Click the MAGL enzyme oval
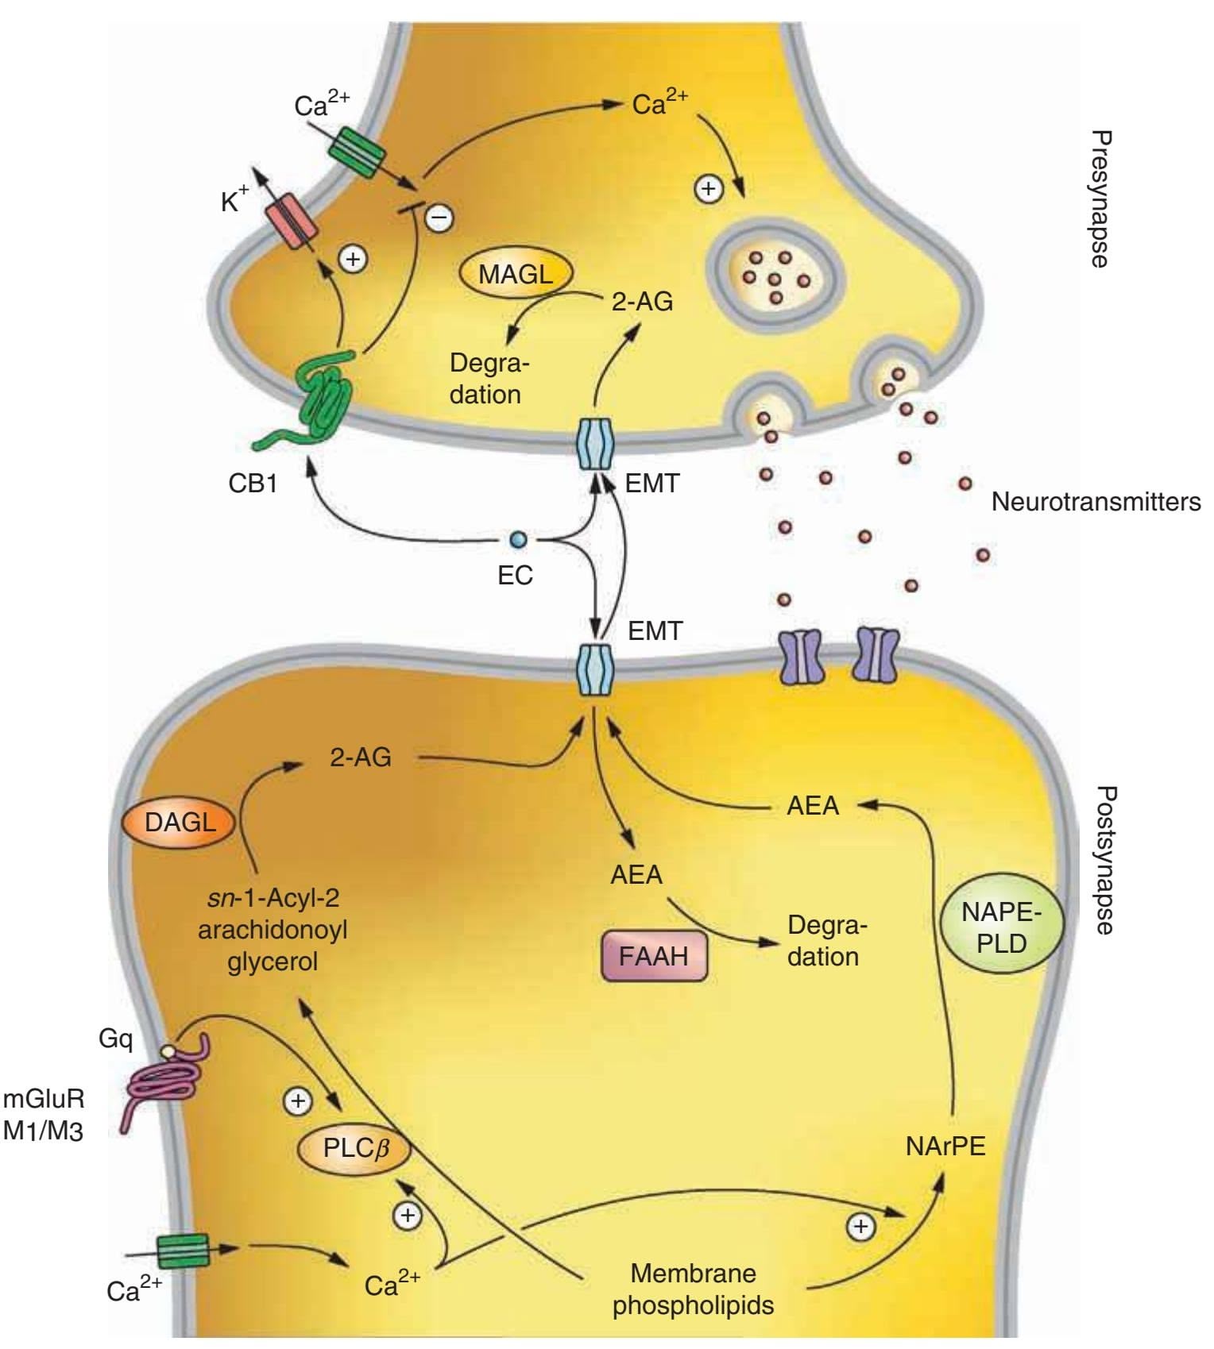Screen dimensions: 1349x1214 point(516,274)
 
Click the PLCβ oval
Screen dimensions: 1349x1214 point(354,1148)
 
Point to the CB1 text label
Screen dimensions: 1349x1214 point(253,483)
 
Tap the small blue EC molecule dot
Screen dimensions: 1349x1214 point(518,540)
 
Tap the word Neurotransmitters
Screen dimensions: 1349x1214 point(1096,502)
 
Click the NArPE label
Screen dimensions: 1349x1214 point(945,1147)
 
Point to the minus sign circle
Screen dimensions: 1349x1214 point(439,217)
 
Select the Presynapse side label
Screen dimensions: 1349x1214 point(1100,199)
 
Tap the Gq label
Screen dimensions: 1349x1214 point(116,1038)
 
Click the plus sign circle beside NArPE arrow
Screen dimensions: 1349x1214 point(860,1226)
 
